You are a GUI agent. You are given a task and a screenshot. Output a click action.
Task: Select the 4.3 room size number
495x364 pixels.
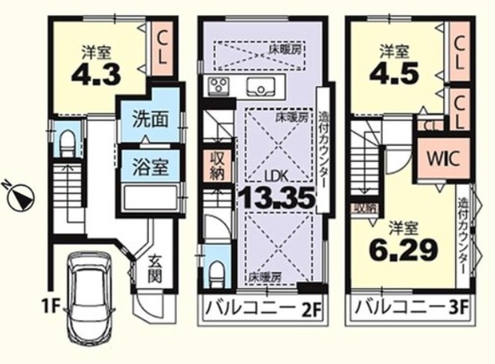[96, 75]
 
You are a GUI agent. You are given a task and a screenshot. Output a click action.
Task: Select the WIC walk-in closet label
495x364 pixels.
[443, 159]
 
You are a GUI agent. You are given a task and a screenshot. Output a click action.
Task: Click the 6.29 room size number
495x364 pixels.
[403, 249]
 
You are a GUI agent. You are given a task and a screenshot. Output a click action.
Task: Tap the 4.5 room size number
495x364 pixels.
[394, 72]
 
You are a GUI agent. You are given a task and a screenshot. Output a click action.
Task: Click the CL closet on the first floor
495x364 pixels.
[162, 48]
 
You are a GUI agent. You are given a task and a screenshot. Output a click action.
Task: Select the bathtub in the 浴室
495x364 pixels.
[151, 197]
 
